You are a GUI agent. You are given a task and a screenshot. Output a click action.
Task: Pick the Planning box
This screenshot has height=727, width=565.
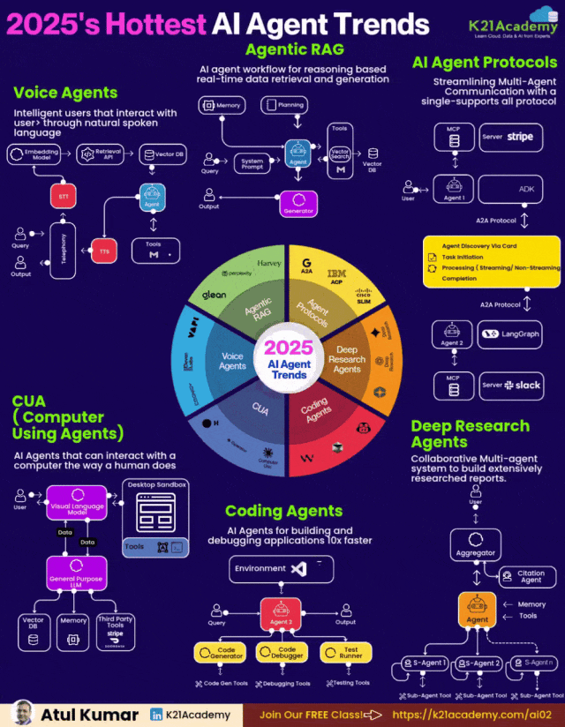(x=284, y=106)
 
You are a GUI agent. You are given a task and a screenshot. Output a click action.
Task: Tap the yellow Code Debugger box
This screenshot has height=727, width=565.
(x=281, y=653)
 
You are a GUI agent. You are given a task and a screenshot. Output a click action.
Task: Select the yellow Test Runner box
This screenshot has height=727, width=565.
(x=345, y=653)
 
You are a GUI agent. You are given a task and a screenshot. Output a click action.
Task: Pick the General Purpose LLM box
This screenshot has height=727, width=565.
(x=76, y=577)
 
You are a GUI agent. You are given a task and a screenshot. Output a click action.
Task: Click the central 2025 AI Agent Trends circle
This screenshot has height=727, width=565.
(x=289, y=360)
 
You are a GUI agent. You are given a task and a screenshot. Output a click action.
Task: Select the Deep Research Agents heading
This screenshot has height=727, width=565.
(x=470, y=433)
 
